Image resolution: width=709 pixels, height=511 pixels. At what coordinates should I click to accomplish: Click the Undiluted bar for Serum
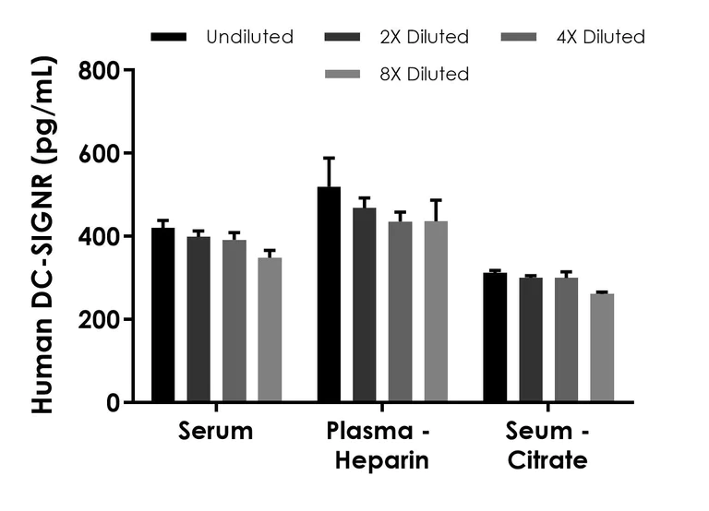point(163,315)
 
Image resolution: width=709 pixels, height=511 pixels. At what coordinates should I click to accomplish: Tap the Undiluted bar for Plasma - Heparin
point(329,294)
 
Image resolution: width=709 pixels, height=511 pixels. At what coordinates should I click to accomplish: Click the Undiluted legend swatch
point(168,38)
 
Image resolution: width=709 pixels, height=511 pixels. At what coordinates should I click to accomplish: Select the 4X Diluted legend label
point(601,38)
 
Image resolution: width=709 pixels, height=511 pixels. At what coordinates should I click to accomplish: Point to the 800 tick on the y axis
point(130,70)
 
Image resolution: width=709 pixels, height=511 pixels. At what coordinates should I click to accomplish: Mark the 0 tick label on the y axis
point(112,402)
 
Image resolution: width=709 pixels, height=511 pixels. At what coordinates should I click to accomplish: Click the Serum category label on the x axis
point(216,433)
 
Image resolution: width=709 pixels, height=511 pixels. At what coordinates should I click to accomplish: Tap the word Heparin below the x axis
point(378,460)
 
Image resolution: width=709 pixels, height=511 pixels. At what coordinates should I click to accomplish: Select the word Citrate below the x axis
point(548,460)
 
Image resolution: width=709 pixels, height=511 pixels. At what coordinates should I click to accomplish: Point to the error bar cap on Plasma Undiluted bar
point(329,158)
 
